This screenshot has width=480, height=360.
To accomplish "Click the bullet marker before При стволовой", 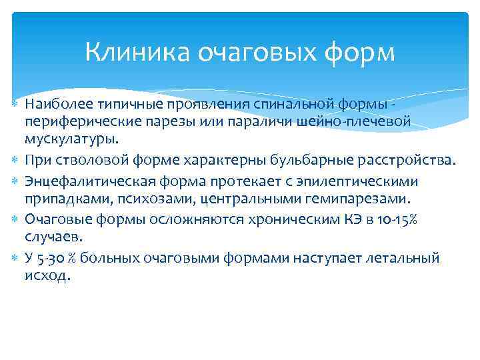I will (x=15, y=160).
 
